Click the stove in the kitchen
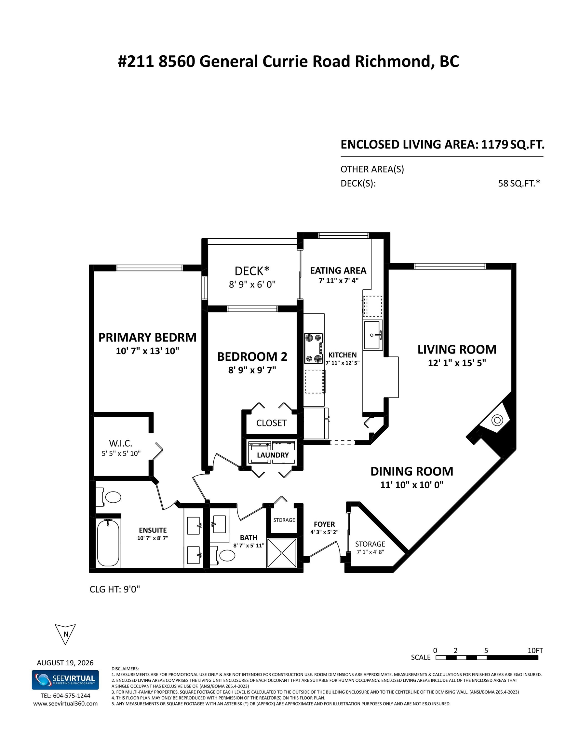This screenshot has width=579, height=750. (314, 348)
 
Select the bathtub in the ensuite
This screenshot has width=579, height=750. (108, 543)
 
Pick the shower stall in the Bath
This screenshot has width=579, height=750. (281, 553)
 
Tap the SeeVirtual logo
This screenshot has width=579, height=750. (65, 680)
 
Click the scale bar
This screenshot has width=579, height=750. (487, 658)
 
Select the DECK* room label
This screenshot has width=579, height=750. (252, 271)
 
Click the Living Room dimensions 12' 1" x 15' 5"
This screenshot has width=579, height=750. (457, 363)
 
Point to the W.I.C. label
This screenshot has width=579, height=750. (120, 443)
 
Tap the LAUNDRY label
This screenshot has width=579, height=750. (273, 455)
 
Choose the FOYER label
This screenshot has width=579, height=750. (324, 524)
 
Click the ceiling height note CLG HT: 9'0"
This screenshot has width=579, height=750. (115, 589)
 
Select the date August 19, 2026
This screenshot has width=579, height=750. (65, 663)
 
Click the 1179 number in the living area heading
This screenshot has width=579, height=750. (494, 145)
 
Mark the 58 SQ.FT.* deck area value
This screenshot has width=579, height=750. (519, 183)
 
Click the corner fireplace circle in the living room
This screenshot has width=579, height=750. (497, 420)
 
